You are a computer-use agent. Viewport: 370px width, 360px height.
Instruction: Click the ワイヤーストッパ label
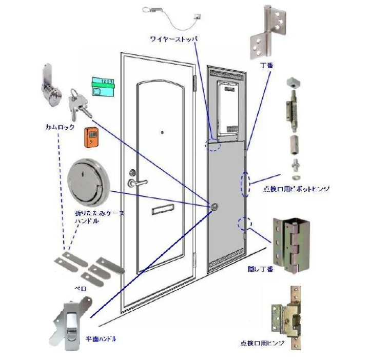174,39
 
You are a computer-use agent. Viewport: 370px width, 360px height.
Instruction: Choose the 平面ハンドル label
100,339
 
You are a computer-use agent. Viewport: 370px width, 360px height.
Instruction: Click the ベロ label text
81,288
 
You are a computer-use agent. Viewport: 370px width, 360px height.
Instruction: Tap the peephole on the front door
162,133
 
